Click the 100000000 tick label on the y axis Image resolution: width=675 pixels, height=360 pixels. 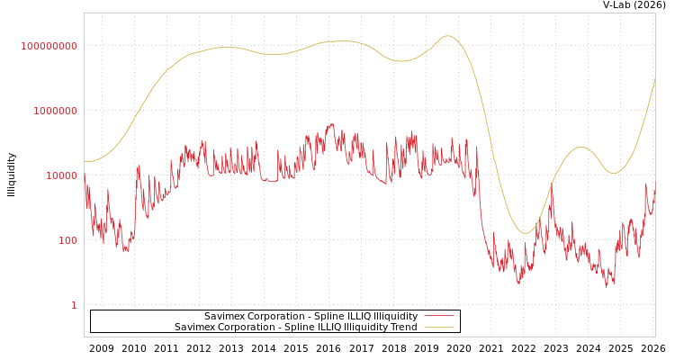point(49,46)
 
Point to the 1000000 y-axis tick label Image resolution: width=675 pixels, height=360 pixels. point(56,111)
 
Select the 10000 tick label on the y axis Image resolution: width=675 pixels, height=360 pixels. point(62,175)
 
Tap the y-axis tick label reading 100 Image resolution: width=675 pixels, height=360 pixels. point(67,240)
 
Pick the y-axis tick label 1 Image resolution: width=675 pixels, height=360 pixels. point(74,305)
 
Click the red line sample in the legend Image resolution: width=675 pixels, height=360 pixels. point(439,317)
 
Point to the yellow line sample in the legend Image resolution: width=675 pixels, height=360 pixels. point(439,328)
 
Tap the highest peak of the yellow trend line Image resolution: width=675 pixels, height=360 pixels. point(447,36)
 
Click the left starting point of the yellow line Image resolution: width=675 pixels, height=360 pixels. point(85,162)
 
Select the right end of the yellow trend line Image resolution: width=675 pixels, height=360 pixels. point(655,77)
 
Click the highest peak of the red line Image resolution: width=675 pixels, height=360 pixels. point(331,124)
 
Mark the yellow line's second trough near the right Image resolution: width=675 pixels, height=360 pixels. point(614,174)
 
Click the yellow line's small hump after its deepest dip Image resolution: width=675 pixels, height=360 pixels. point(581,147)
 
